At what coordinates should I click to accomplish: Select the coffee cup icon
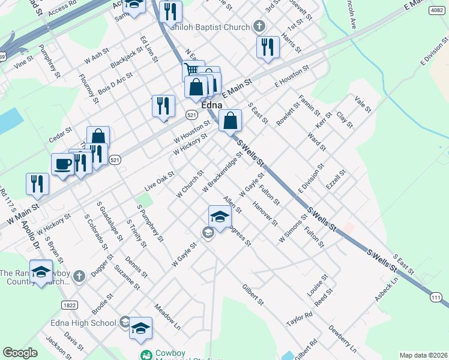pyautogui.click(x=62, y=164)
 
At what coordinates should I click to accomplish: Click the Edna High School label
pyautogui.click(x=89, y=323)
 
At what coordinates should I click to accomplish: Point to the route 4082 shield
pyautogui.click(x=436, y=11)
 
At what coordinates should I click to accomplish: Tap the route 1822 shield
pyautogui.click(x=69, y=305)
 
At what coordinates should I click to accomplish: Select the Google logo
pyautogui.click(x=20, y=353)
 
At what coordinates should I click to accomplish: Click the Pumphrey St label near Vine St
pyautogui.click(x=49, y=61)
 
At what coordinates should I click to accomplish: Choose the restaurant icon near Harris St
pyautogui.click(x=267, y=47)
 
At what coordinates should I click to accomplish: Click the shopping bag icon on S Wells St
pyautogui.click(x=230, y=120)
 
